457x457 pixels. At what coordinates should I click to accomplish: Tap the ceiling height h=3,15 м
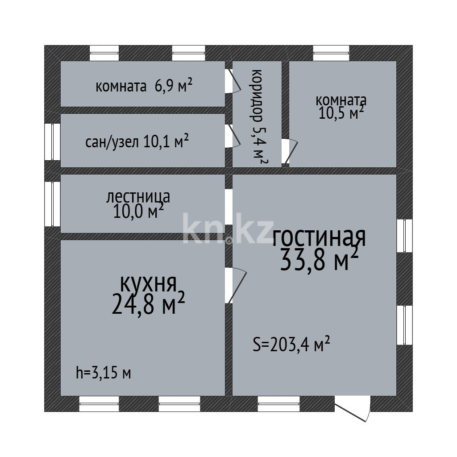click(103, 372)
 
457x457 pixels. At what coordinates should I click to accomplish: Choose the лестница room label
click(138, 196)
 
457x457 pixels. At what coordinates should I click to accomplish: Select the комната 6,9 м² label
click(144, 86)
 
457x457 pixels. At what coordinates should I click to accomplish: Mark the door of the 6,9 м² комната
click(233, 81)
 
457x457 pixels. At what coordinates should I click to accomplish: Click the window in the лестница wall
click(53, 204)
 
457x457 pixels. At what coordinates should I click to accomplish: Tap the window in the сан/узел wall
click(53, 141)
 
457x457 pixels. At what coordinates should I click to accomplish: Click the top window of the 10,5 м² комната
click(331, 53)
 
